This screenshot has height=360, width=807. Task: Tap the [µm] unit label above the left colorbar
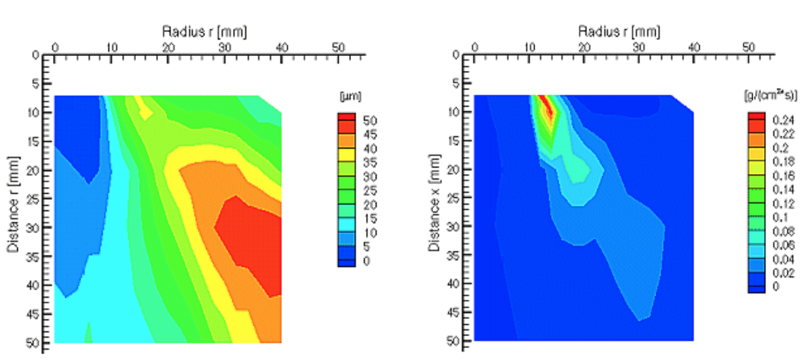346,96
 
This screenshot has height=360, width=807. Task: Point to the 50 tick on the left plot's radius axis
337,47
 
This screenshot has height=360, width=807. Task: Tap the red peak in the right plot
547,107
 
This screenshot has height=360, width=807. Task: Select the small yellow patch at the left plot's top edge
143,106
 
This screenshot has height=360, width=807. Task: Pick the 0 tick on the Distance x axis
456,55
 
